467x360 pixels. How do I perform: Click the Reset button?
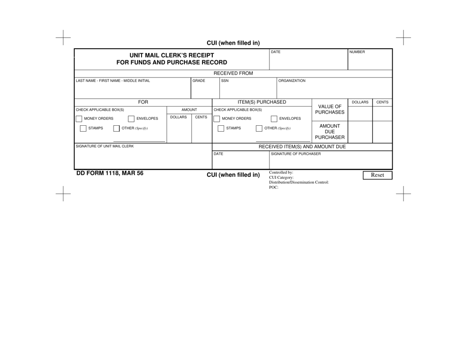[x=377, y=175]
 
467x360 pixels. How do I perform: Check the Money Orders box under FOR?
[x=79, y=118]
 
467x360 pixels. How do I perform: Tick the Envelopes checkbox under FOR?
[x=131, y=118]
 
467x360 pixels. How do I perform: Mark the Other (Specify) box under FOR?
[x=117, y=129]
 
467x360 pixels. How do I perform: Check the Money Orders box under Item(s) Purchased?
[x=217, y=118]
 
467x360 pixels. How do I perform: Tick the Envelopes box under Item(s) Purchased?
[x=274, y=118]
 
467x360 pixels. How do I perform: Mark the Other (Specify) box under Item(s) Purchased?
[x=259, y=129]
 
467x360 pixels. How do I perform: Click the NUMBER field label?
[x=357, y=52]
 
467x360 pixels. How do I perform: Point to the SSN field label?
[x=225, y=81]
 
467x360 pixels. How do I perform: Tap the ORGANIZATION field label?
[x=292, y=81]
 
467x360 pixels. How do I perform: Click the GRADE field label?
[x=199, y=81]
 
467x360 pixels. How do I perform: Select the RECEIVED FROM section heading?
[x=233, y=73]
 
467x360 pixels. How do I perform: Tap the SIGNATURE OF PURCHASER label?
[x=296, y=154]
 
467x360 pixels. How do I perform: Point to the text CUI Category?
[x=282, y=178]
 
